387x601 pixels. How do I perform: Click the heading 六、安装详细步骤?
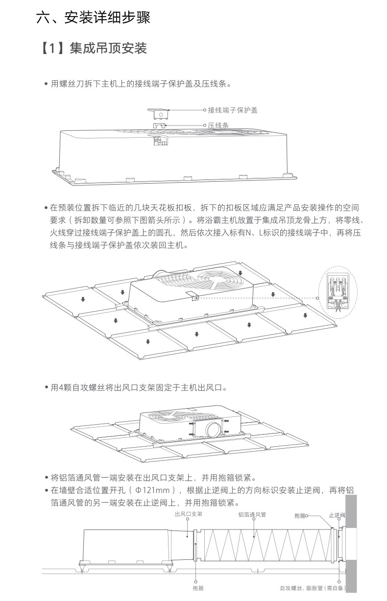(93, 19)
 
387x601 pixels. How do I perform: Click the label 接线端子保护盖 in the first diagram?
(233, 110)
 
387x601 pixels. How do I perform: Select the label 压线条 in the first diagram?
(218, 125)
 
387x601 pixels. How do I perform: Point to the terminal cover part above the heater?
(160, 113)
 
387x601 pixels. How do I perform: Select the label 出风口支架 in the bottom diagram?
(189, 514)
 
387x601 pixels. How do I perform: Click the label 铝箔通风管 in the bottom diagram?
(252, 514)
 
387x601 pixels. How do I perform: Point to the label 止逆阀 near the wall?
(337, 515)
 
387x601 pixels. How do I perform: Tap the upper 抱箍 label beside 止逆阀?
(300, 516)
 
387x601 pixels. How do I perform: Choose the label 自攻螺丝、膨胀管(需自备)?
(313, 587)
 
